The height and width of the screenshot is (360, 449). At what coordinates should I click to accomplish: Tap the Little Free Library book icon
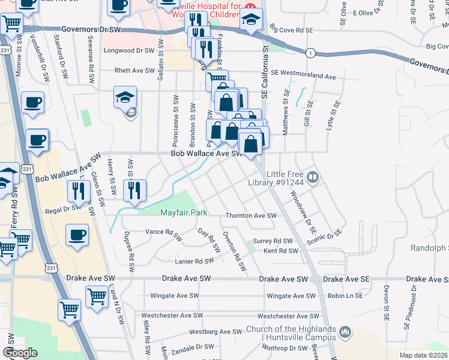pos(313,177)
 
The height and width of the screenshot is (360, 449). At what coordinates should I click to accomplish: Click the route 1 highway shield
pos(310,53)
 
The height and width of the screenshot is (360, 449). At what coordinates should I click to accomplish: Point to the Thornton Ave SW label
pos(250,216)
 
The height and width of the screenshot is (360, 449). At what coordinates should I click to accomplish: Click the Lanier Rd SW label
pos(194,261)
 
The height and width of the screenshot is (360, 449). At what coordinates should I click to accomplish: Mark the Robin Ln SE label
pos(345,296)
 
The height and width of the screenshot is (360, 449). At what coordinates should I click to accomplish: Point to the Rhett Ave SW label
pos(136,70)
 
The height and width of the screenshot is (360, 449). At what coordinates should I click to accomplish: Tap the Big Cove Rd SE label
pos(291,29)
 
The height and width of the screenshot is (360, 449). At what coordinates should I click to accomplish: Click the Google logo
pos(20,353)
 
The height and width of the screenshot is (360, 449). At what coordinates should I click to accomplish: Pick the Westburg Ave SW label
pos(214,332)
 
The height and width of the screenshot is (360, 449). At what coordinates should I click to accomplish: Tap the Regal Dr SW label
pos(62,208)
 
